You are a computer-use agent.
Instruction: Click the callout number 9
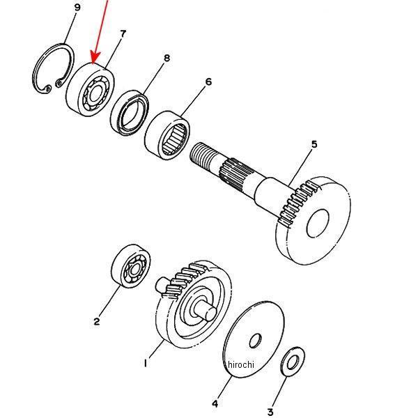77,7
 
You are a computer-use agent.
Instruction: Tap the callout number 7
123,34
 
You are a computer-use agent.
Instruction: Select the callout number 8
167,58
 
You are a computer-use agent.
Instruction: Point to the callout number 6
208,82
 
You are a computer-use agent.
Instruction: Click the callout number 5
315,144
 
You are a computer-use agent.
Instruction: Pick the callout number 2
97,321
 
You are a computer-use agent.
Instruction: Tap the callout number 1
146,363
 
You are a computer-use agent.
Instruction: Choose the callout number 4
215,403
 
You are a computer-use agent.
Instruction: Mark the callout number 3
270,412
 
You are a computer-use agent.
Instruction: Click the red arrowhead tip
93,63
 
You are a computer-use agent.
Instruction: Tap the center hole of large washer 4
255,341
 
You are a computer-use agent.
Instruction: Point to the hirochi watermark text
241,364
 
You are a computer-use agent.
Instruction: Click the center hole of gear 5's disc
318,223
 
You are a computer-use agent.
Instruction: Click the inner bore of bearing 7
95,93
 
